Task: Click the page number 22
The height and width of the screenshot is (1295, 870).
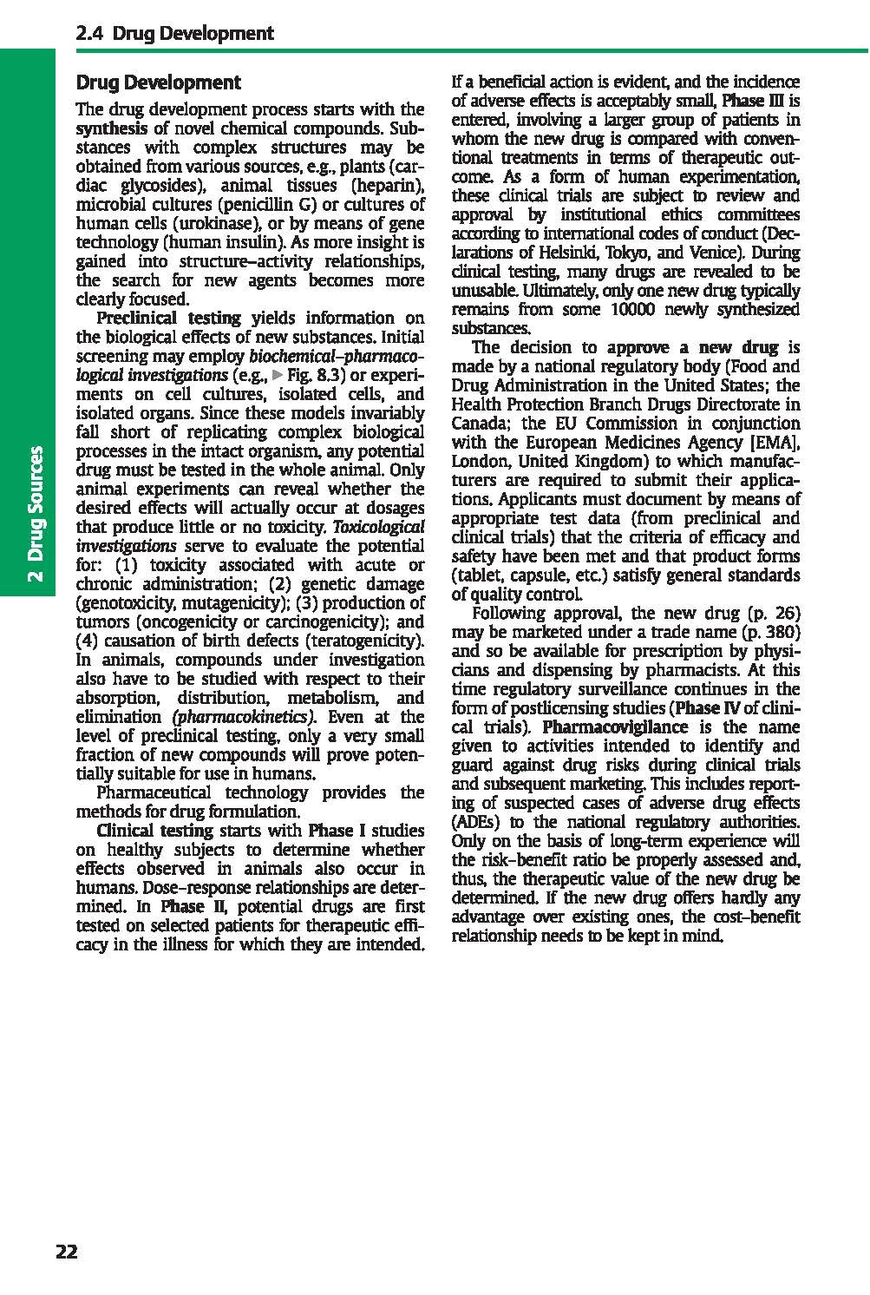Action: pyautogui.click(x=66, y=1251)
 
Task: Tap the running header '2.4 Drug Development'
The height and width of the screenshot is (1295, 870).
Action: pyautogui.click(x=174, y=34)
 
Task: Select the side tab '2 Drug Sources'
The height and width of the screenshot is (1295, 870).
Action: pyautogui.click(x=36, y=516)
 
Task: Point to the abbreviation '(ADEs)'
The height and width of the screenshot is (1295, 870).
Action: pyautogui.click(x=477, y=822)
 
